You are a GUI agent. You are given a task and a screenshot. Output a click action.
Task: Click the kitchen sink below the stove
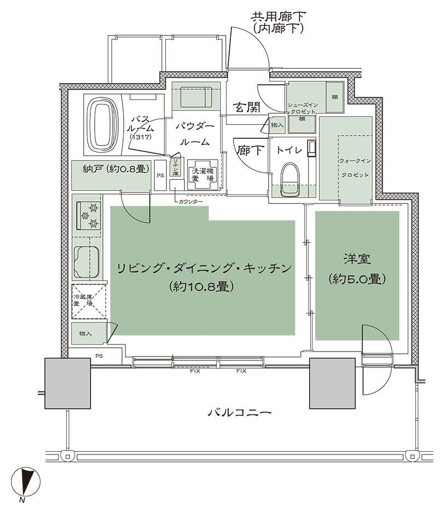coord(87,261)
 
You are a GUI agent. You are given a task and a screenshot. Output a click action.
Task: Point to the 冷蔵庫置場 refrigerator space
coord(86,302)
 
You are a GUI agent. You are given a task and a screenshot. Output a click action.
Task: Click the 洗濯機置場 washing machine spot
coord(202,174)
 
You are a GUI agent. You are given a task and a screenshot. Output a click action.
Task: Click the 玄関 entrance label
coord(245,107)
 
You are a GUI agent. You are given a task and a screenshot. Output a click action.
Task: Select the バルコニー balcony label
coord(239,412)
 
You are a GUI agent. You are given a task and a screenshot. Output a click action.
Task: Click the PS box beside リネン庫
coord(160,176)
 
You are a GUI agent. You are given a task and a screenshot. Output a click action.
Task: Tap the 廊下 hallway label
coord(250,149)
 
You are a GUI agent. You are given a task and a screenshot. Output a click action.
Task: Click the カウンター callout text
coord(191,202)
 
